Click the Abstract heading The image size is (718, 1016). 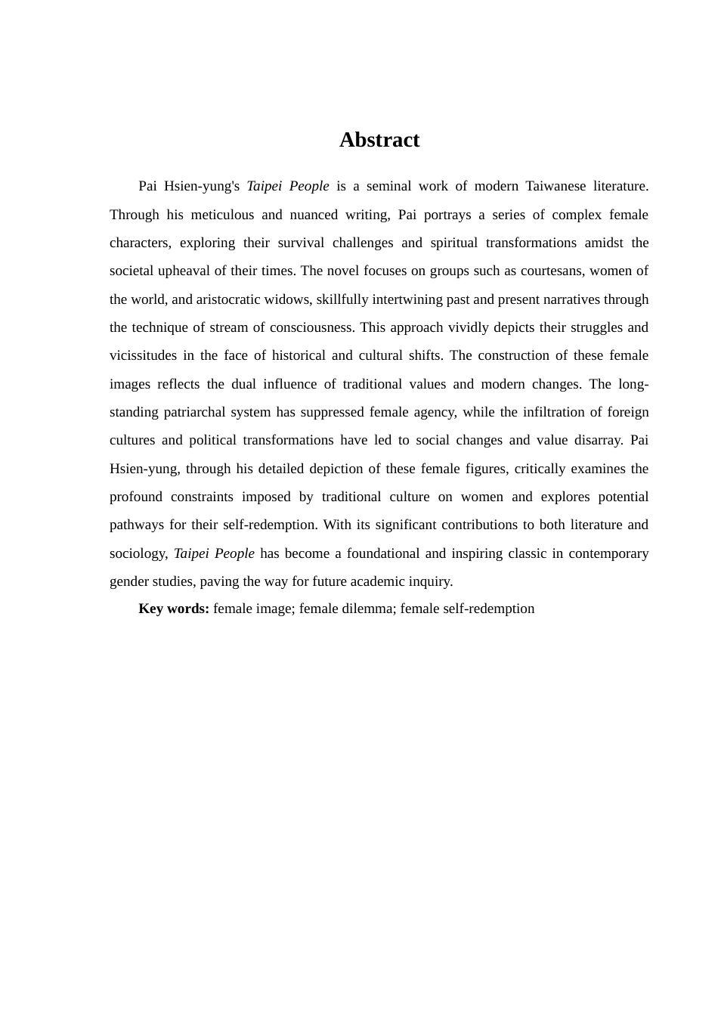pyautogui.click(x=379, y=140)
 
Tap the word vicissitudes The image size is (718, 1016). pyautogui.click(x=143, y=355)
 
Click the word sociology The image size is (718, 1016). pyautogui.click(x=138, y=553)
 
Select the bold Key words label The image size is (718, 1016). pyautogui.click(x=174, y=609)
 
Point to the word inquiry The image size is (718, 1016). pyautogui.click(x=429, y=581)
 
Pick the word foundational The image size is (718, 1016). pyautogui.click(x=382, y=553)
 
